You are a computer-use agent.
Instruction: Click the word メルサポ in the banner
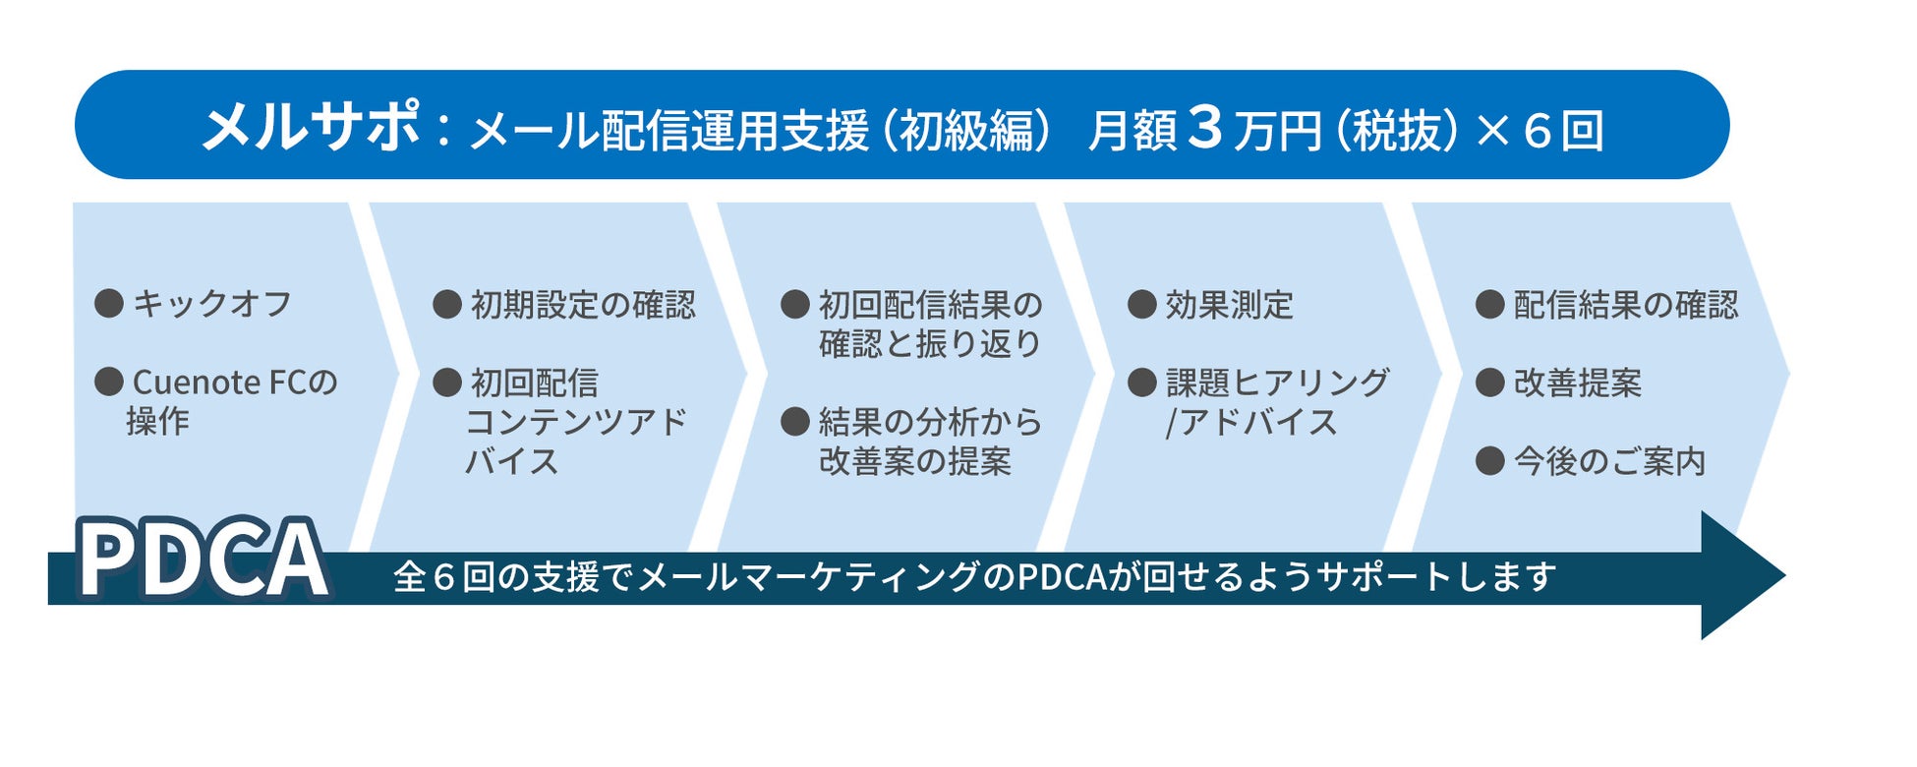click(x=311, y=127)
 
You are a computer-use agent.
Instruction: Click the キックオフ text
click(x=212, y=304)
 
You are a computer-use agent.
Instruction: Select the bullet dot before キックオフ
click(x=108, y=303)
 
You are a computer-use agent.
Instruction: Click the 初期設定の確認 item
click(x=583, y=305)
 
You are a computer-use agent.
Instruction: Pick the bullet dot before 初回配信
click(x=447, y=383)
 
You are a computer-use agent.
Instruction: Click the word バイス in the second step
click(x=511, y=461)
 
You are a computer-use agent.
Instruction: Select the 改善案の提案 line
click(x=914, y=461)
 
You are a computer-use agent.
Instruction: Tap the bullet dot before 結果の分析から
click(x=794, y=422)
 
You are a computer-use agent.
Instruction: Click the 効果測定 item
click(x=1229, y=305)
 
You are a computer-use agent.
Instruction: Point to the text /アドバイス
click(x=1250, y=423)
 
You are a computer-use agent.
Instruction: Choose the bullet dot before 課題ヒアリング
click(x=1141, y=383)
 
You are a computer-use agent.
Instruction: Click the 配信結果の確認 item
click(x=1626, y=305)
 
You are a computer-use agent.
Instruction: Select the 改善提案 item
click(x=1578, y=383)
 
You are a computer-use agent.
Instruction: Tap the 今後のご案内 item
click(x=1609, y=461)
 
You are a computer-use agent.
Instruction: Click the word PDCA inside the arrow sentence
click(x=1062, y=576)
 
